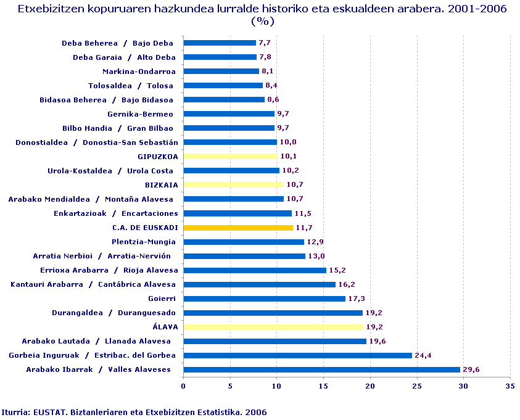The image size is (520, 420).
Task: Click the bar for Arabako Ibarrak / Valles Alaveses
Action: (x=321, y=370)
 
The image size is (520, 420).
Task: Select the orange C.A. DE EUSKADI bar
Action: (x=238, y=228)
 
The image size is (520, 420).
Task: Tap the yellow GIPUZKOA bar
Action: (x=230, y=157)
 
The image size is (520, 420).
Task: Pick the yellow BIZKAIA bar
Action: (x=233, y=185)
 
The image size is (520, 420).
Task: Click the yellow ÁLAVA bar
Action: (x=273, y=327)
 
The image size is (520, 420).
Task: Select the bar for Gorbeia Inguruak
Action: (x=297, y=356)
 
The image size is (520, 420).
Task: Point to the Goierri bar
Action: (x=264, y=299)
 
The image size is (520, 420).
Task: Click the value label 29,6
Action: (x=472, y=370)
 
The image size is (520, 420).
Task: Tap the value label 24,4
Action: (x=423, y=356)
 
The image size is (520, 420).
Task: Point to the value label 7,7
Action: (x=265, y=43)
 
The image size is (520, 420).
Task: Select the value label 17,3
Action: (x=357, y=299)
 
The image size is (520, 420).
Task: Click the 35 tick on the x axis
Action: (x=510, y=386)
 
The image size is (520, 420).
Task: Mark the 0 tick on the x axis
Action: (x=183, y=386)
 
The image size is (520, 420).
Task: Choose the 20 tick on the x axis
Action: (x=370, y=386)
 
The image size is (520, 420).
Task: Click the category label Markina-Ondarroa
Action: (x=139, y=72)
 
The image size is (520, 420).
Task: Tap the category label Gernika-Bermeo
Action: (x=140, y=114)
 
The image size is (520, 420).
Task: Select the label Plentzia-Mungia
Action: (x=144, y=242)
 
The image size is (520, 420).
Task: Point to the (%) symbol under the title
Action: (x=262, y=22)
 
